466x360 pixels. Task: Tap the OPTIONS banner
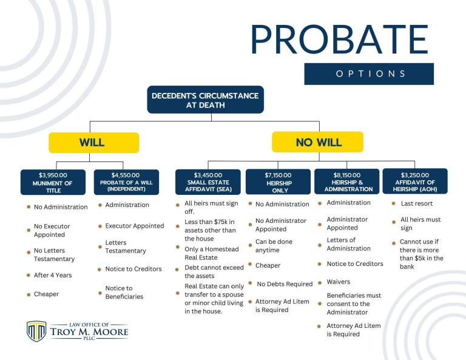(369, 73)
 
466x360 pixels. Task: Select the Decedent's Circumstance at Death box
(205, 100)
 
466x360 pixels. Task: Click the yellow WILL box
(93, 143)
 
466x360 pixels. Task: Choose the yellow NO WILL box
(317, 143)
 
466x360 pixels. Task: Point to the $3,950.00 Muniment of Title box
(53, 182)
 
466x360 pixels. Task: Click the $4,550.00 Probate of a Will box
(126, 182)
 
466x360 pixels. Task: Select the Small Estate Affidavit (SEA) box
(208, 182)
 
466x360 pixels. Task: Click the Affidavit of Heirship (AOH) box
(414, 182)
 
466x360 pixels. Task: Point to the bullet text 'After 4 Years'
(53, 275)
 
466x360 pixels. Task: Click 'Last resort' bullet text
(416, 203)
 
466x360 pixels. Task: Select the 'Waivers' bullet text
(339, 282)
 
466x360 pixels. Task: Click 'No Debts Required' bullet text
(284, 284)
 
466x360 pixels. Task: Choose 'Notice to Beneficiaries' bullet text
(124, 292)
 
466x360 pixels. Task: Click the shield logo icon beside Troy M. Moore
(36, 331)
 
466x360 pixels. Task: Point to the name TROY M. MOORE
(89, 332)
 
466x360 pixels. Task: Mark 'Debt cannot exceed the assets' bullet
(206, 271)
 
